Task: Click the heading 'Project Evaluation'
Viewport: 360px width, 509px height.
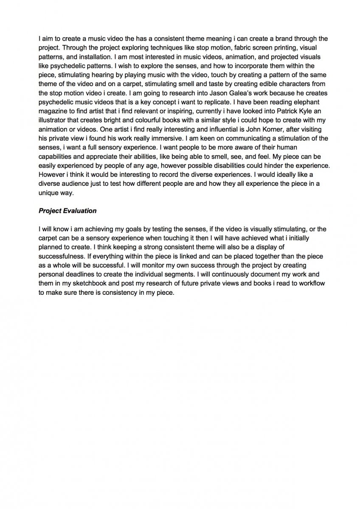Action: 67,210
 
